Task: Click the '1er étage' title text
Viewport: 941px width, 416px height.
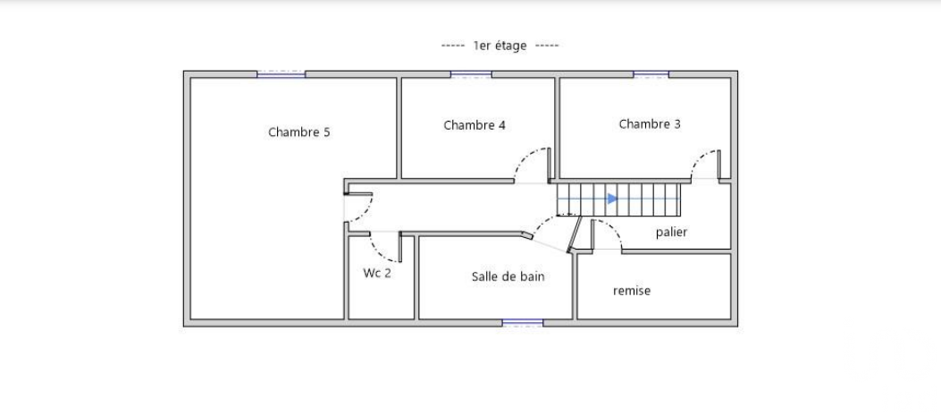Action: (x=500, y=46)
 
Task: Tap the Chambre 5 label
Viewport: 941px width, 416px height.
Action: (x=298, y=132)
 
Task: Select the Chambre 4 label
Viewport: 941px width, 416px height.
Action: (x=475, y=125)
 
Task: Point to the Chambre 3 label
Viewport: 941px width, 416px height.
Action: (x=650, y=123)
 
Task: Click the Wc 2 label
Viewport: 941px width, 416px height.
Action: (x=377, y=273)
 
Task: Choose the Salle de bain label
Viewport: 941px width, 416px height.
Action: (x=508, y=276)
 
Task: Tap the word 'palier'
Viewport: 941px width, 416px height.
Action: (x=671, y=232)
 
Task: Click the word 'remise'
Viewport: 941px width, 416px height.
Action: (x=631, y=291)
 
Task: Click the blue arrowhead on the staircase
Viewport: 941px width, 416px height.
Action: (x=612, y=199)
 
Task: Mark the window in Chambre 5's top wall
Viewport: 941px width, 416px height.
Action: (x=281, y=74)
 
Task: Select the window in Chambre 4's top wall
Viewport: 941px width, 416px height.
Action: (x=471, y=74)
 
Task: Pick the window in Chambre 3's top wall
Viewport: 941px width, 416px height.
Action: (x=651, y=74)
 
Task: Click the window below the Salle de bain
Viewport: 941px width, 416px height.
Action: (x=522, y=323)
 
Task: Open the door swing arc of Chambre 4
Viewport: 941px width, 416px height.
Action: (x=524, y=157)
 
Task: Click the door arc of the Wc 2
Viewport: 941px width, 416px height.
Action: (x=378, y=252)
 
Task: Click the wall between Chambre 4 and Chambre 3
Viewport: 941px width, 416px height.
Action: (x=557, y=128)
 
